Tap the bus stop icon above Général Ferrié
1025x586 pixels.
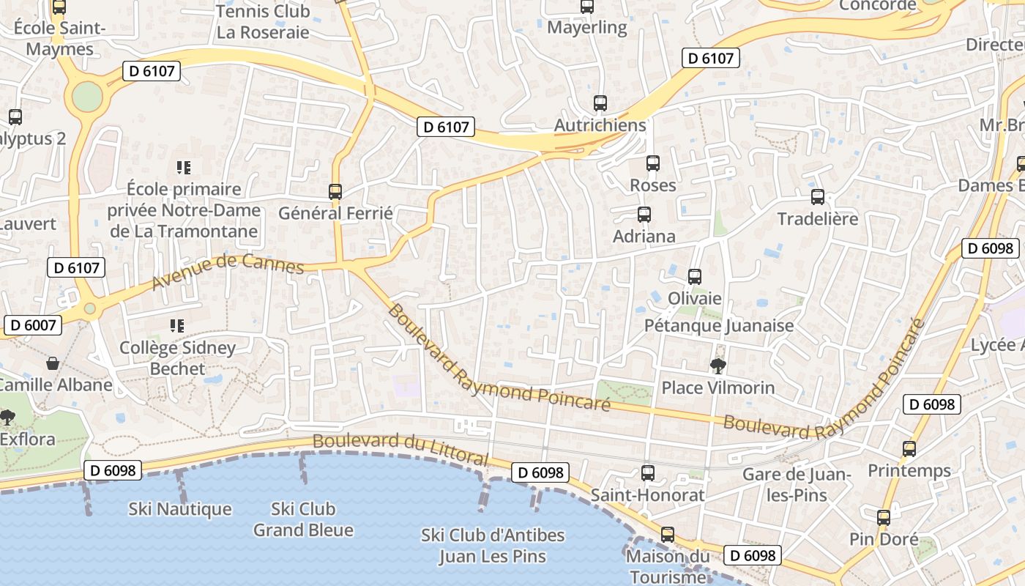(335, 192)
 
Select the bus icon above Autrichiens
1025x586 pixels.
(600, 103)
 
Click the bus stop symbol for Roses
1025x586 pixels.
(653, 163)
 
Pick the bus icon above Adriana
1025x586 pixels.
(644, 215)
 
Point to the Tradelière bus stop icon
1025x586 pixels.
(818, 197)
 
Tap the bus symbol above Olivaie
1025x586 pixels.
(695, 277)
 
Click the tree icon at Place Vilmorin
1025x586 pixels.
(717, 366)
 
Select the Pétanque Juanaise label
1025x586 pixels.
(719, 325)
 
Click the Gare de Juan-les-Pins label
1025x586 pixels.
(797, 484)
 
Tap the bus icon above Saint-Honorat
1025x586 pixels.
(647, 473)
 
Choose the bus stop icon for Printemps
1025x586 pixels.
(909, 449)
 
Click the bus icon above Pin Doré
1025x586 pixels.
(884, 518)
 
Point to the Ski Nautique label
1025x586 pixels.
(180, 509)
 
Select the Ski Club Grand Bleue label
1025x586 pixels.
(303, 519)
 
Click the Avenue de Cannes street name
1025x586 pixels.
(228, 272)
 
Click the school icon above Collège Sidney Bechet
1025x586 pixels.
(177, 325)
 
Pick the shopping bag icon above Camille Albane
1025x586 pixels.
(53, 363)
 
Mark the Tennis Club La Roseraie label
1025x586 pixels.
(263, 22)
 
